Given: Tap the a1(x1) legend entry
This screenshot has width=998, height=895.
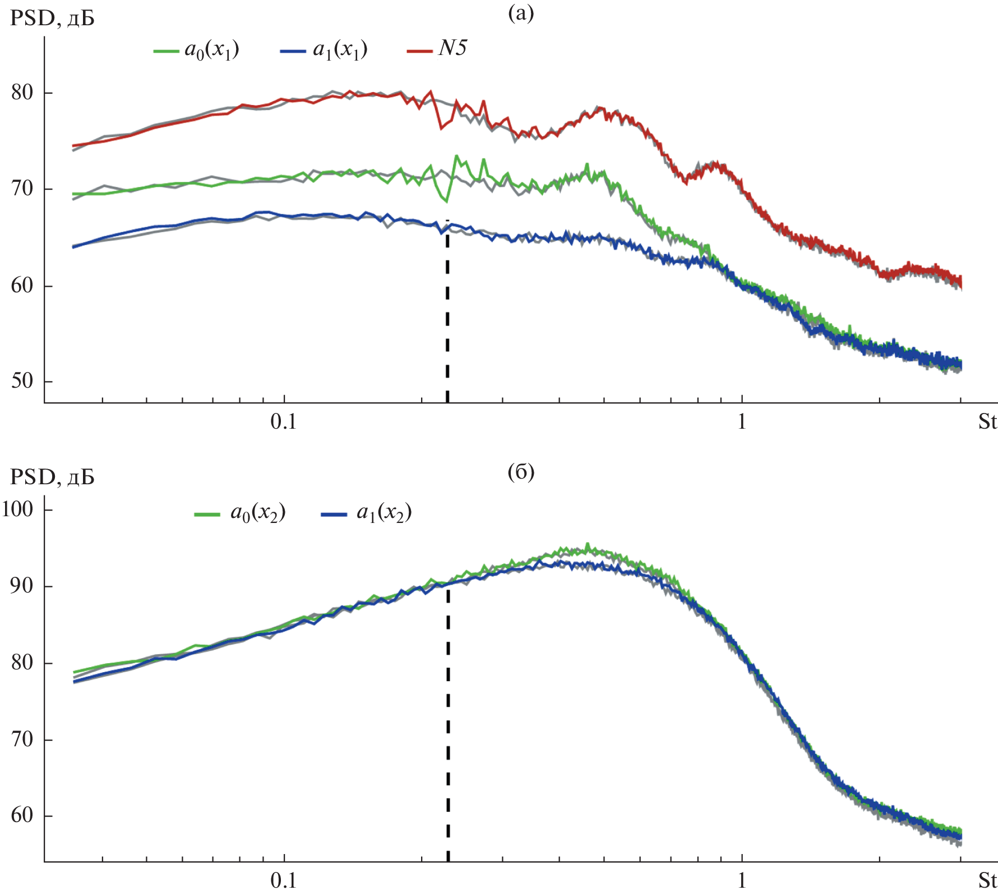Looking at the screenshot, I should [324, 51].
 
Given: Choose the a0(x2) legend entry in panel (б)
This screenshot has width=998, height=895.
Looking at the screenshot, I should [241, 513].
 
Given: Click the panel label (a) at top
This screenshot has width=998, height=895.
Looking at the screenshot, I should [520, 13].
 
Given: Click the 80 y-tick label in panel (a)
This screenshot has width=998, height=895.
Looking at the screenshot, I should [22, 93].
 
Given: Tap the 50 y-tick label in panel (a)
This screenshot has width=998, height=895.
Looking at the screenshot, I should [22, 382].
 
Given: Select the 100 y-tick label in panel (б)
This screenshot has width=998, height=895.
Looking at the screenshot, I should [18, 510].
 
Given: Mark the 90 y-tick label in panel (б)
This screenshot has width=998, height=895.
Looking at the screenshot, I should [22, 586].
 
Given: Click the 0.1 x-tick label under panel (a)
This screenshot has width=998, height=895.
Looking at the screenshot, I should [284, 421].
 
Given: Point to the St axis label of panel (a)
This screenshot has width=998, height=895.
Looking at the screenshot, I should [987, 421].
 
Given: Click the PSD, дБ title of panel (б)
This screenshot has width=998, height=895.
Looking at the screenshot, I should [52, 478].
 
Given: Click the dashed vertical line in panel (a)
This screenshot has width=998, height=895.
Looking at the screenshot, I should [447, 314].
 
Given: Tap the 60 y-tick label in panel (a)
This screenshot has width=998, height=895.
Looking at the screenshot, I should [22, 286].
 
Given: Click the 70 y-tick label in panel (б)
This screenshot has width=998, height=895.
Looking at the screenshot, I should [22, 740].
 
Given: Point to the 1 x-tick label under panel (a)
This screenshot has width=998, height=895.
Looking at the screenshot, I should [742, 421].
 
